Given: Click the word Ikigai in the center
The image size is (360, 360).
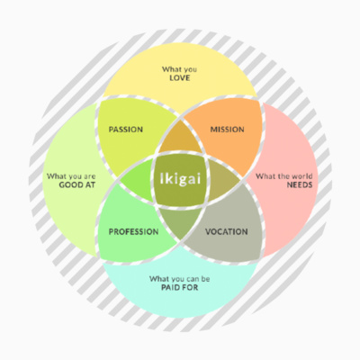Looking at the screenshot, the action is pyautogui.click(x=180, y=179).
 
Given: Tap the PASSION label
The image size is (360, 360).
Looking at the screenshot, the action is pyautogui.click(x=126, y=130).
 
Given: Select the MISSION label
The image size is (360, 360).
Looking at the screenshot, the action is pyautogui.click(x=227, y=130).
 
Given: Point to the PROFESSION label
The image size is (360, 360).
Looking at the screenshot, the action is pyautogui.click(x=133, y=231).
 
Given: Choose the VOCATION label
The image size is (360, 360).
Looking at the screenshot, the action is pyautogui.click(x=227, y=231).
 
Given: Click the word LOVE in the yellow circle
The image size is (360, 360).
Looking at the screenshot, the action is pyautogui.click(x=180, y=78).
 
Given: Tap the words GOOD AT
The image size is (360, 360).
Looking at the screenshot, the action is pyautogui.click(x=77, y=184).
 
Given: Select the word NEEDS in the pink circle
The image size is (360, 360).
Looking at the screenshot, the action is pyautogui.click(x=300, y=184).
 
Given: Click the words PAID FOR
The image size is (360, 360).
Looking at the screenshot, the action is pyautogui.click(x=180, y=287).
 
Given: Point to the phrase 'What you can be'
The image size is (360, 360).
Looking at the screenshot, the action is pyautogui.click(x=180, y=279).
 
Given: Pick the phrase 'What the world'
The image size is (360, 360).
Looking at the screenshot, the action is pyautogui.click(x=283, y=176).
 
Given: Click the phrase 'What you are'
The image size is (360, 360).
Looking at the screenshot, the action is pyautogui.click(x=71, y=176).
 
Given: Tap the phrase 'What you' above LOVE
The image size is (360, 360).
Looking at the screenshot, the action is pyautogui.click(x=180, y=69).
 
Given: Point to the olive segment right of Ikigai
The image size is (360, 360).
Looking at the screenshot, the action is pyautogui.click(x=222, y=180).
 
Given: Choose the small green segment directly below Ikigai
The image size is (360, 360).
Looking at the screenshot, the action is pyautogui.click(x=180, y=221).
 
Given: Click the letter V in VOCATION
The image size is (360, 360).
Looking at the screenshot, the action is pyautogui.click(x=208, y=231).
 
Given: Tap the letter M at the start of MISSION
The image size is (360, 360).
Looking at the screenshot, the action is pyautogui.click(x=213, y=130).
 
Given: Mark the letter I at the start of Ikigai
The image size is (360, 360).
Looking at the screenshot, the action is pyautogui.click(x=161, y=178).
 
